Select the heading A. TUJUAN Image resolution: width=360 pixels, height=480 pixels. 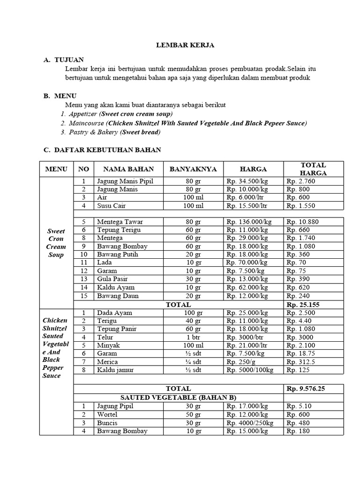click(x=64, y=60)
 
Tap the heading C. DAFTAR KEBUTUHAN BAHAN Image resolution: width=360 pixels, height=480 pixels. click(x=102, y=150)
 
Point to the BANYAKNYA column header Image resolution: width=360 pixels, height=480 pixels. click(x=193, y=169)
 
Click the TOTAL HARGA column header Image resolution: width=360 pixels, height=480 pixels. click(x=314, y=169)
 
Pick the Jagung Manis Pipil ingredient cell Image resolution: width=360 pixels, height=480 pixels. click(x=125, y=181)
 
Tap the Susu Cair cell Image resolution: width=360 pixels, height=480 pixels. click(x=112, y=206)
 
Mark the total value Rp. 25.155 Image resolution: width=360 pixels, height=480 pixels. click(x=303, y=304)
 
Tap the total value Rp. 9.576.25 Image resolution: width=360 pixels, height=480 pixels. click(x=306, y=389)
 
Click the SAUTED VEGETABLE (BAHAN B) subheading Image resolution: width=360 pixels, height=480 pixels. click(x=178, y=397)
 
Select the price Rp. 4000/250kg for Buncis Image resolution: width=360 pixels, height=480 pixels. click(x=250, y=423)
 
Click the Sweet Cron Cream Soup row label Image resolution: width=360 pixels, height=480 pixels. click(x=56, y=243)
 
